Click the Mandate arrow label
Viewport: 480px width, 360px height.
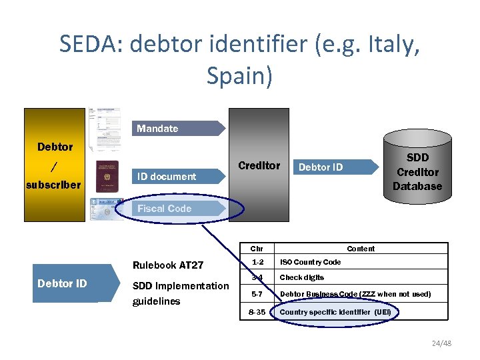(x=157, y=128)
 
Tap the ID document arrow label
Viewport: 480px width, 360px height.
(x=167, y=176)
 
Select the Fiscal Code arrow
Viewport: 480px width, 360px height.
(x=165, y=208)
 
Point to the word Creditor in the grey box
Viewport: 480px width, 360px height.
(x=259, y=165)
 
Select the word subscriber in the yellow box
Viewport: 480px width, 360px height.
(x=53, y=185)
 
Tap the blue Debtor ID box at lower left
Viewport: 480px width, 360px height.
(x=62, y=283)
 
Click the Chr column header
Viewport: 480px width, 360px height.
(x=257, y=249)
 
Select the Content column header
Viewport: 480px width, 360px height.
(x=361, y=249)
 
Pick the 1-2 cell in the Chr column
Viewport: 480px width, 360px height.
(x=257, y=262)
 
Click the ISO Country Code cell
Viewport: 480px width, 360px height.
(x=310, y=262)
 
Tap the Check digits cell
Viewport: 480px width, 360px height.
(x=301, y=277)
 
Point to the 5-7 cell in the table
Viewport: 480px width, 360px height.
(x=257, y=294)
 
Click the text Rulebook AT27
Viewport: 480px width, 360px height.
(x=168, y=265)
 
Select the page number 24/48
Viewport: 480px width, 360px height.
(x=441, y=343)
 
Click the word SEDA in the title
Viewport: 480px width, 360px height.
(x=91, y=45)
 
